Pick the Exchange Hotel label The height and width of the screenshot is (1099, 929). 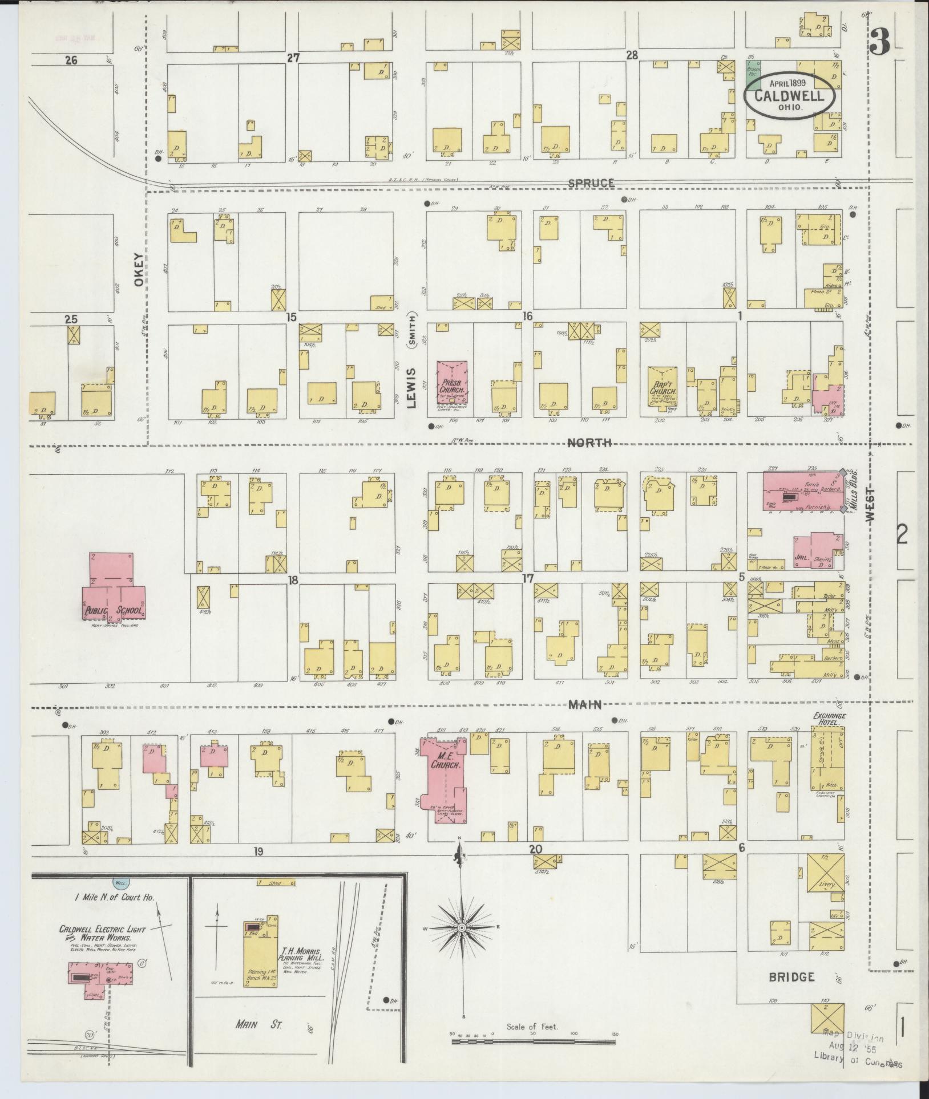(x=830, y=719)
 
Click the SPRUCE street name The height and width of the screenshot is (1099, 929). (x=592, y=183)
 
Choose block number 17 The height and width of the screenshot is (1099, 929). (x=527, y=578)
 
